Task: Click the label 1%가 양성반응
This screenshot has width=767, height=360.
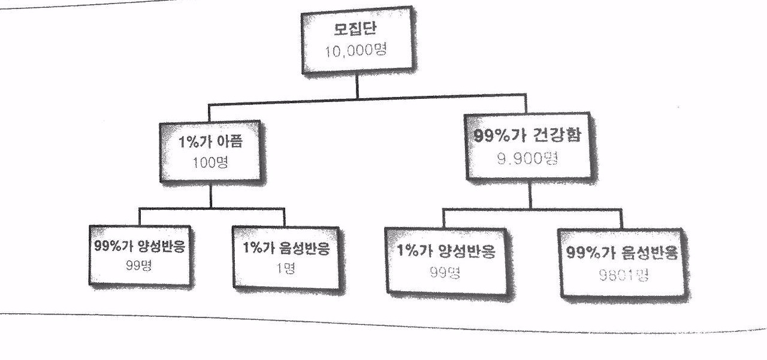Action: coord(446,252)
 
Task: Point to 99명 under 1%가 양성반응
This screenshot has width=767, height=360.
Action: coord(445,273)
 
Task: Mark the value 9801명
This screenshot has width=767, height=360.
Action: coord(621,275)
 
